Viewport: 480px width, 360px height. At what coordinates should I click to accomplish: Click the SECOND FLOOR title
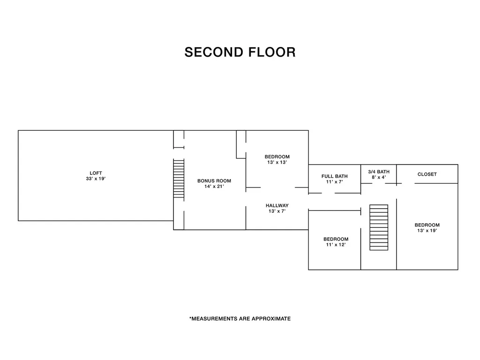pos(240,52)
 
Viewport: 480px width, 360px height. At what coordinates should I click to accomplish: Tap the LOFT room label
pos(96,173)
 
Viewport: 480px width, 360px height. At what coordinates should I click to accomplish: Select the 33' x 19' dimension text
pos(96,179)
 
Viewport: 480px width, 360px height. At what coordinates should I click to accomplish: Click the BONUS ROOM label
pos(214,181)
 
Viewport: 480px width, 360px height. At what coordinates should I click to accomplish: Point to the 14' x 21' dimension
pos(214,187)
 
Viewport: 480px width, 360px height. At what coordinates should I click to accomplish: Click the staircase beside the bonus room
pos(179,179)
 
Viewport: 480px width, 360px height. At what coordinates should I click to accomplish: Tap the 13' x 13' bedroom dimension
pos(277,162)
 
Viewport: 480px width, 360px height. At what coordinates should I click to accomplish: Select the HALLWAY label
pos(277,205)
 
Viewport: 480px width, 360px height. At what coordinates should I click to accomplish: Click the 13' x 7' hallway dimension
pos(277,211)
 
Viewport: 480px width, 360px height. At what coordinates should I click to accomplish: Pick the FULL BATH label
pos(335,176)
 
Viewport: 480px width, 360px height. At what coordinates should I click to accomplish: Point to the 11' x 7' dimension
pos(335,182)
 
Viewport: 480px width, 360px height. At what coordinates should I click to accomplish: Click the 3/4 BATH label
pos(379,172)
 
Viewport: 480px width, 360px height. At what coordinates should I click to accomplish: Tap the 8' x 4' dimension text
pos(379,177)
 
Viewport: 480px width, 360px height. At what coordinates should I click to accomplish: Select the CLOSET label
pos(427,174)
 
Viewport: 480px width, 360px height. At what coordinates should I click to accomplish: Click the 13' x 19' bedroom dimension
pos(427,231)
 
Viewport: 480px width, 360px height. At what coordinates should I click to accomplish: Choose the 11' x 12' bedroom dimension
pos(336,245)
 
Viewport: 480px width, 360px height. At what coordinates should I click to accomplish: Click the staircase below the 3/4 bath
pos(379,227)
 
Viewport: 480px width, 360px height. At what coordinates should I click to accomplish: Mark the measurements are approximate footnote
pos(240,319)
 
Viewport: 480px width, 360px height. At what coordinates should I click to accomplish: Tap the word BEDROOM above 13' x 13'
pos(277,157)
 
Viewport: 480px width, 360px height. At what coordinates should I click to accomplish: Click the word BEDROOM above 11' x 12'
pos(336,239)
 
